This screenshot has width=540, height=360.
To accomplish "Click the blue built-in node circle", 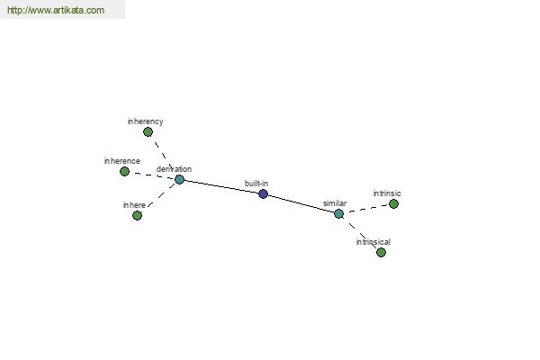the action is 263,194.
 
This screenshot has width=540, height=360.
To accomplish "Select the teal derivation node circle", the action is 179,179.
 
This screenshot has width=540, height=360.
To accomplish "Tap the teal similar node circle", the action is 339,214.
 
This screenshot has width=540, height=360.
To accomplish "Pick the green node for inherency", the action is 148,132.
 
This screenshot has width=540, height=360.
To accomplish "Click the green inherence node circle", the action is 125,171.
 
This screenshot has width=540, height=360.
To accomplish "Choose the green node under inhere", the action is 137,216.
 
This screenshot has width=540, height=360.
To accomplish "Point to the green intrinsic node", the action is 393,204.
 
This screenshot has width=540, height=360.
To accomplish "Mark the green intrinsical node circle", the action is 381,253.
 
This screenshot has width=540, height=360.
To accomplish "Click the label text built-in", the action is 256,184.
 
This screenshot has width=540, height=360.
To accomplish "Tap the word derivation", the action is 174,169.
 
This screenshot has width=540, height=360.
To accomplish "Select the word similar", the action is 335,203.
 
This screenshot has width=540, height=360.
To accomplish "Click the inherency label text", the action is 145,121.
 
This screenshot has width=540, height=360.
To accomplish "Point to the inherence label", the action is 121,161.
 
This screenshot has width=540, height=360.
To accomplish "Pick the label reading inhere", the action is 134,205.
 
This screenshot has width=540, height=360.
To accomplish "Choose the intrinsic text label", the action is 387,193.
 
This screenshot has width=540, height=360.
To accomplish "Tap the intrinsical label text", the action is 373,242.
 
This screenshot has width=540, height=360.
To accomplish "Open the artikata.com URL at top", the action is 56,10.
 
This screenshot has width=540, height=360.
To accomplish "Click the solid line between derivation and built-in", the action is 221,186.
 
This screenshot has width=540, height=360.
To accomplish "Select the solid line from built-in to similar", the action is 301,203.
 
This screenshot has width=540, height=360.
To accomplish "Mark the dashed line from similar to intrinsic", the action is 368,209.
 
